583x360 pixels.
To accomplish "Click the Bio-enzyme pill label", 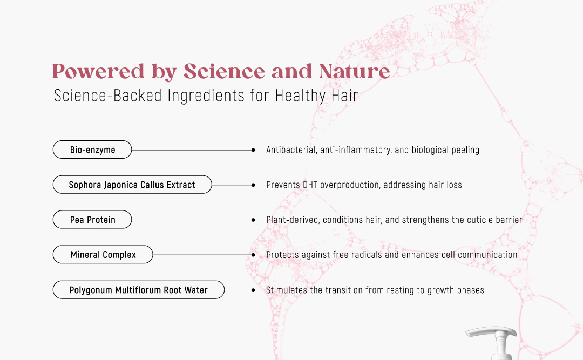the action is pyautogui.click(x=92, y=150).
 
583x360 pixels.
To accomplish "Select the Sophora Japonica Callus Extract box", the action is pyautogui.click(x=132, y=185).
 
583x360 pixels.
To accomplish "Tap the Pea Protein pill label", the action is pyautogui.click(x=92, y=220).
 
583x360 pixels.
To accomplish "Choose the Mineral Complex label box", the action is pyautogui.click(x=103, y=254).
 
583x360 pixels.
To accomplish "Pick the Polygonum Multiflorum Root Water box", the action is pyautogui.click(x=139, y=290).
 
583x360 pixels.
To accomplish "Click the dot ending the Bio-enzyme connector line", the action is pyautogui.click(x=253, y=150).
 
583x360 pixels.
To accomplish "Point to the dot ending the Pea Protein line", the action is pyautogui.click(x=253, y=220).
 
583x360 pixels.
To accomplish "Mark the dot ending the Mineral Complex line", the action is pyautogui.click(x=253, y=255).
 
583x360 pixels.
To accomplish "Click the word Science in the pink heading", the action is pyautogui.click(x=224, y=71).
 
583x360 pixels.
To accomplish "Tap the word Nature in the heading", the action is pyautogui.click(x=355, y=71).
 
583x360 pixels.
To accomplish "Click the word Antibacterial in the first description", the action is pyautogui.click(x=291, y=150).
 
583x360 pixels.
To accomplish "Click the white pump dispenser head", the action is pyautogui.click(x=492, y=342).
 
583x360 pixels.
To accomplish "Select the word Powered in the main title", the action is pyautogui.click(x=98, y=71).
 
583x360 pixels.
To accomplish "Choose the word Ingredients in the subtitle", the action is pyautogui.click(x=206, y=96).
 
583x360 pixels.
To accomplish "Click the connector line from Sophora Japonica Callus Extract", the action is pyautogui.click(x=232, y=185).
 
